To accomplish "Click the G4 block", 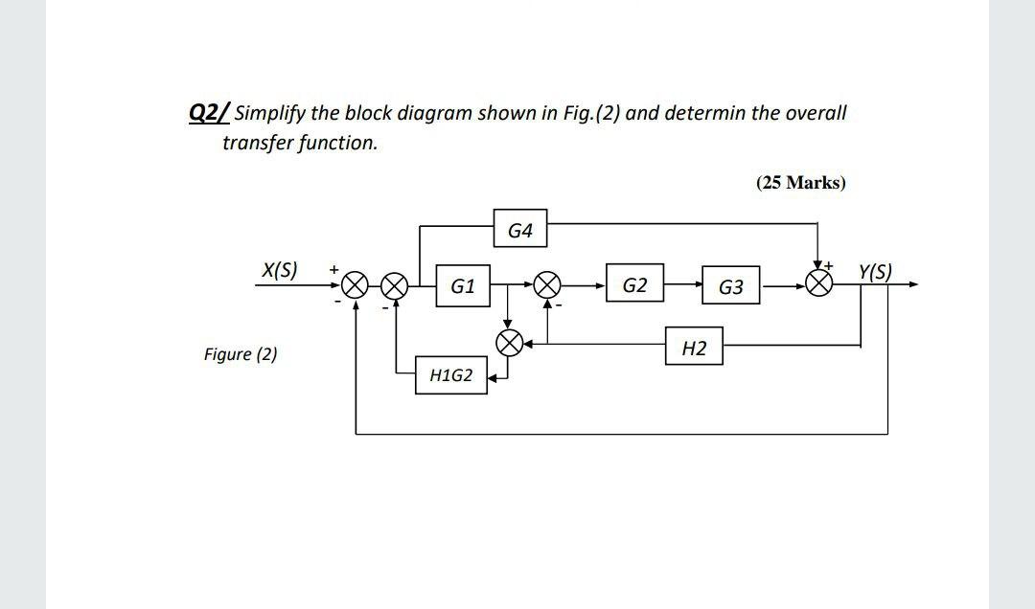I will [520, 231].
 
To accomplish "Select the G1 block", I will [463, 285].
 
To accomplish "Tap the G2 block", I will [634, 285].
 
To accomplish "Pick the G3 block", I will [730, 286].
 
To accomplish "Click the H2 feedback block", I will [695, 349].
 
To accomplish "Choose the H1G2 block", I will [450, 375].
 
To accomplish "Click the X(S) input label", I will [279, 270].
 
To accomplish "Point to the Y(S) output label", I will [875, 271].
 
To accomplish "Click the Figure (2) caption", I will [241, 354].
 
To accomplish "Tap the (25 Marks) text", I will [801, 182].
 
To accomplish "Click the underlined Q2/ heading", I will [210, 113].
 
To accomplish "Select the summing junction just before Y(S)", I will [819, 284].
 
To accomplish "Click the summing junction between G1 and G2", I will [548, 285].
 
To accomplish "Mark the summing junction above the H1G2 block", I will [509, 343].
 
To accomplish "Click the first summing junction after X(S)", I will [356, 285].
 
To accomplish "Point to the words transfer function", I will [300, 143].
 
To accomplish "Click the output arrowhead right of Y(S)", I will [912, 284].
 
